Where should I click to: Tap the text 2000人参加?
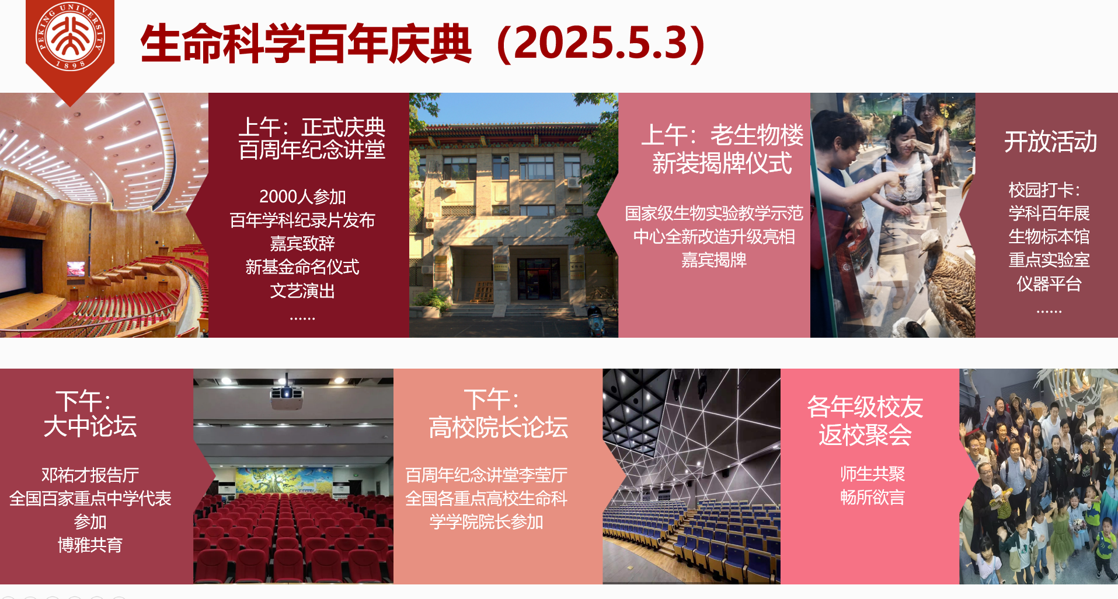pyautogui.click(x=302, y=197)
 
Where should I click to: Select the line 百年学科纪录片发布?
pyautogui.click(x=302, y=220)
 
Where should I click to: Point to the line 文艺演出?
pyautogui.click(x=302, y=290)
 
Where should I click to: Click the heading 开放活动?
pyautogui.click(x=1050, y=142)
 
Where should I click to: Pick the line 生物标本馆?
pyautogui.click(x=1049, y=236)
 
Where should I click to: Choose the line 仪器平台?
pyautogui.click(x=1049, y=283)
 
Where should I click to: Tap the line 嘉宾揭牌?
pyautogui.click(x=714, y=260)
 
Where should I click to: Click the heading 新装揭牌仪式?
pyautogui.click(x=722, y=163)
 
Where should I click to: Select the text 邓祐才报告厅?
pyautogui.click(x=90, y=475)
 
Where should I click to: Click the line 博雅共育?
pyautogui.click(x=90, y=545)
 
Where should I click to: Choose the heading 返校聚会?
pyautogui.click(x=865, y=435)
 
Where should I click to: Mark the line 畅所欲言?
pyautogui.click(x=872, y=497)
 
